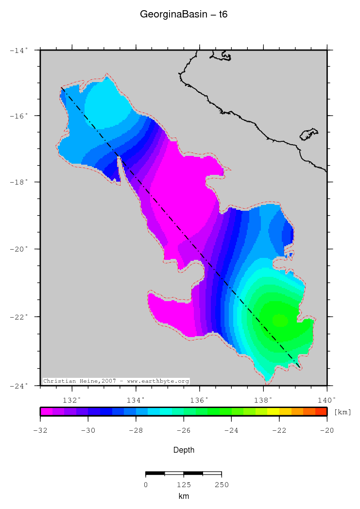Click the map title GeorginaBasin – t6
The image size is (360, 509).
(184, 15)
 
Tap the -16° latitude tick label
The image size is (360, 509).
(20, 116)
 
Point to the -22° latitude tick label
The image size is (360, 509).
(20, 317)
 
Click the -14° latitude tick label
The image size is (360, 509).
(20, 50)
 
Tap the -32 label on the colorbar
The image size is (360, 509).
(40, 430)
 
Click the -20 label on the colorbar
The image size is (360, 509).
(326, 430)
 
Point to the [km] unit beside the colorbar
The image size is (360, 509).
(343, 412)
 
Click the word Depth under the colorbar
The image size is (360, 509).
(184, 450)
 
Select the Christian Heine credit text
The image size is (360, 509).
(116, 381)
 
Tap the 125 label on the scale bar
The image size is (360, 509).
(183, 485)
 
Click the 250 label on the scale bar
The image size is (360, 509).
(221, 485)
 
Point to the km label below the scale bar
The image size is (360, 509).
(183, 496)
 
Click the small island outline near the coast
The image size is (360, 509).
(309, 134)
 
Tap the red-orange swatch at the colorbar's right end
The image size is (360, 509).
(321, 411)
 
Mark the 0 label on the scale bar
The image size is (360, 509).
(146, 485)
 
